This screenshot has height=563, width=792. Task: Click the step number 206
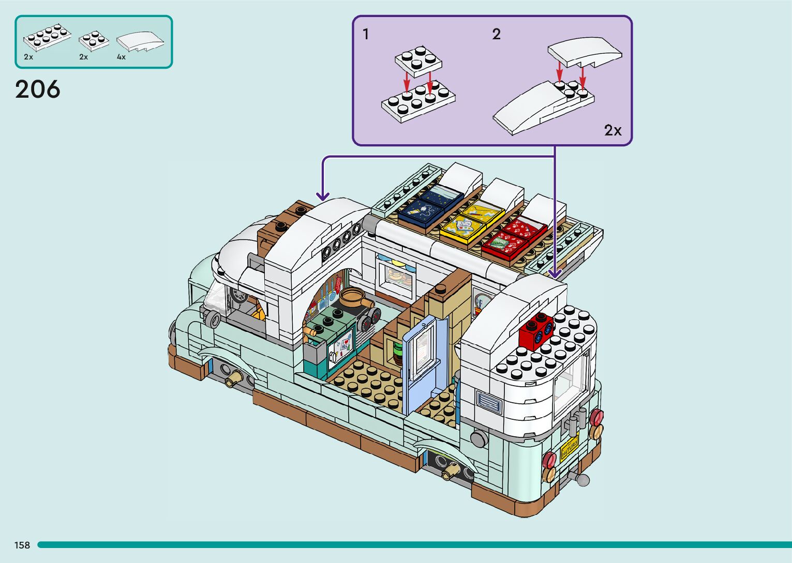[38, 89]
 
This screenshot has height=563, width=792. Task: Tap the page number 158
[22, 545]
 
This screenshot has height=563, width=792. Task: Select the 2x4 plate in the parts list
[47, 37]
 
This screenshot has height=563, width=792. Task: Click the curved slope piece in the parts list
[140, 42]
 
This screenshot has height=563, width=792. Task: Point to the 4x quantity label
[121, 57]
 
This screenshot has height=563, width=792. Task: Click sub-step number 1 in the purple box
[366, 35]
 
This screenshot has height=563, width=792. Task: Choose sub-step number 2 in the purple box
[496, 35]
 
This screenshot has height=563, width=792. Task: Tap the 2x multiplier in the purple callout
[613, 130]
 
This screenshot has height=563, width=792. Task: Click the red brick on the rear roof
[535, 331]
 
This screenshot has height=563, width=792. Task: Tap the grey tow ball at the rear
[582, 480]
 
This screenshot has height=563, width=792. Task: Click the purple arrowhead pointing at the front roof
[323, 196]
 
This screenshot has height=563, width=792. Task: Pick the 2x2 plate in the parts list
[93, 40]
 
